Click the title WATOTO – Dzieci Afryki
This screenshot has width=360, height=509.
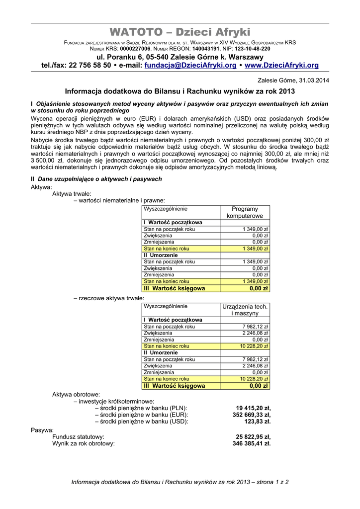[180, 32]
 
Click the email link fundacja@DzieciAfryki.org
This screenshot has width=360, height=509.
[190, 65]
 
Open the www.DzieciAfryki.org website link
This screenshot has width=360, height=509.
[281, 65]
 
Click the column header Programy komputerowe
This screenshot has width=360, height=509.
[245, 212]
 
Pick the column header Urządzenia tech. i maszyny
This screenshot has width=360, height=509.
[245, 310]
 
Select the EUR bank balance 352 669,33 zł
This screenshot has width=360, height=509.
[252, 415]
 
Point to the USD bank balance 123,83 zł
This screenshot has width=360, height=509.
[258, 422]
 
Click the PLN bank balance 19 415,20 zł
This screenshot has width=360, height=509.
[253, 408]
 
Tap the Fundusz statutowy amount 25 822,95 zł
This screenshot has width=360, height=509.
[253, 436]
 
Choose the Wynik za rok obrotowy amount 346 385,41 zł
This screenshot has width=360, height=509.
[252, 443]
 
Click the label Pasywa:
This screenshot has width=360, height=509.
[42, 429]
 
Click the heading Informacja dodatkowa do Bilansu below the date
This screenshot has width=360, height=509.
[180, 91]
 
